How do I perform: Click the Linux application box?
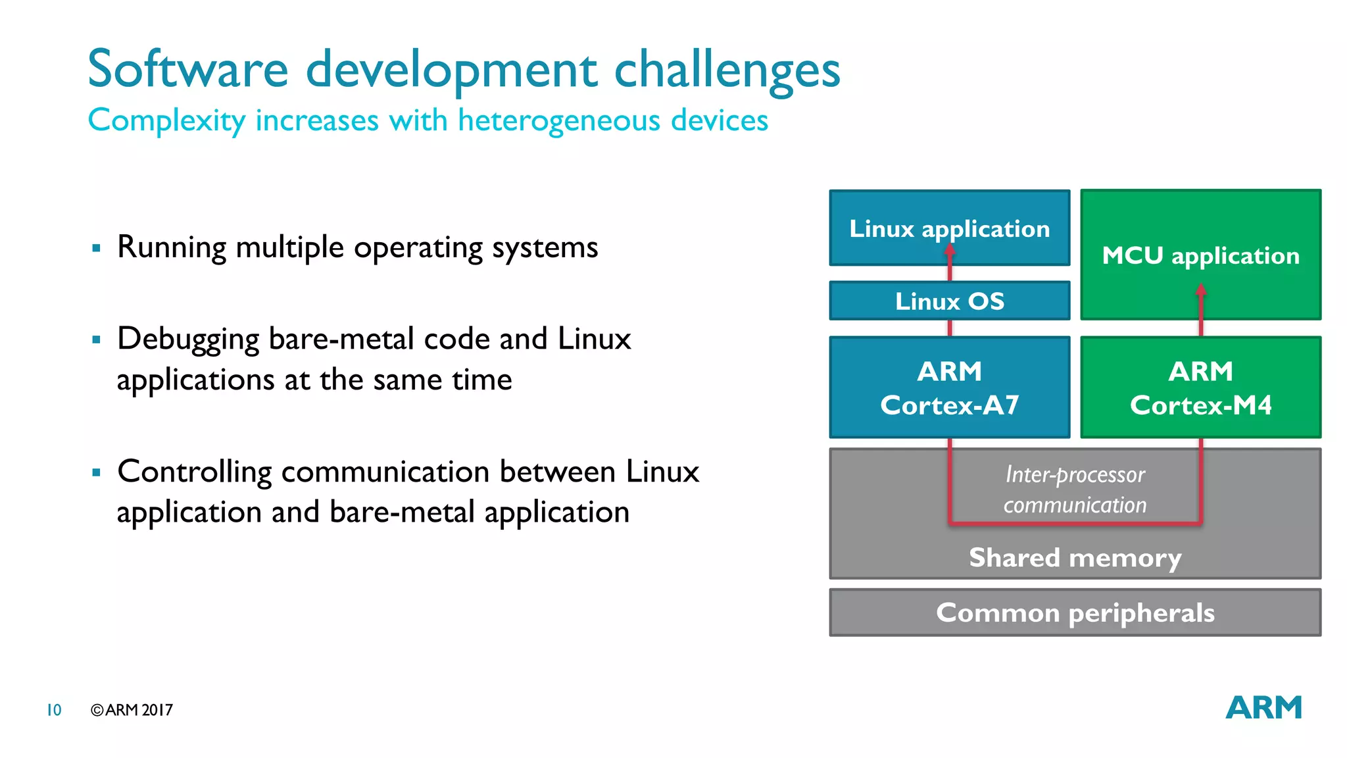[949, 228]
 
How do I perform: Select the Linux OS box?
[949, 301]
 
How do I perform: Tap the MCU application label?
[1200, 255]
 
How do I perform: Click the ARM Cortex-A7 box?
[949, 388]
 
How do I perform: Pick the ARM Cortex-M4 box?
[1200, 388]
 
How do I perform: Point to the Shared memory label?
[1075, 558]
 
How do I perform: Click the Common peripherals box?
[1075, 613]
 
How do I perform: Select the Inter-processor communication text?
[1075, 490]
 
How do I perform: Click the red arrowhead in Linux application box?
[950, 250]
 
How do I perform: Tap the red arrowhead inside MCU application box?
[1200, 290]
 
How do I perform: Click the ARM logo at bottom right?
[1263, 708]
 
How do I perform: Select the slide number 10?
[54, 710]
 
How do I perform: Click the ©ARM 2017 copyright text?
[132, 710]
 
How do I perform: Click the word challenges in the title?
[727, 70]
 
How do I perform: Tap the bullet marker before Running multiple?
[97, 248]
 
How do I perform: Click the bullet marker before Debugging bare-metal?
[97, 340]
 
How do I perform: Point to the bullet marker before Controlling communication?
[97, 472]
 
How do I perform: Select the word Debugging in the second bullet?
[188, 340]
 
